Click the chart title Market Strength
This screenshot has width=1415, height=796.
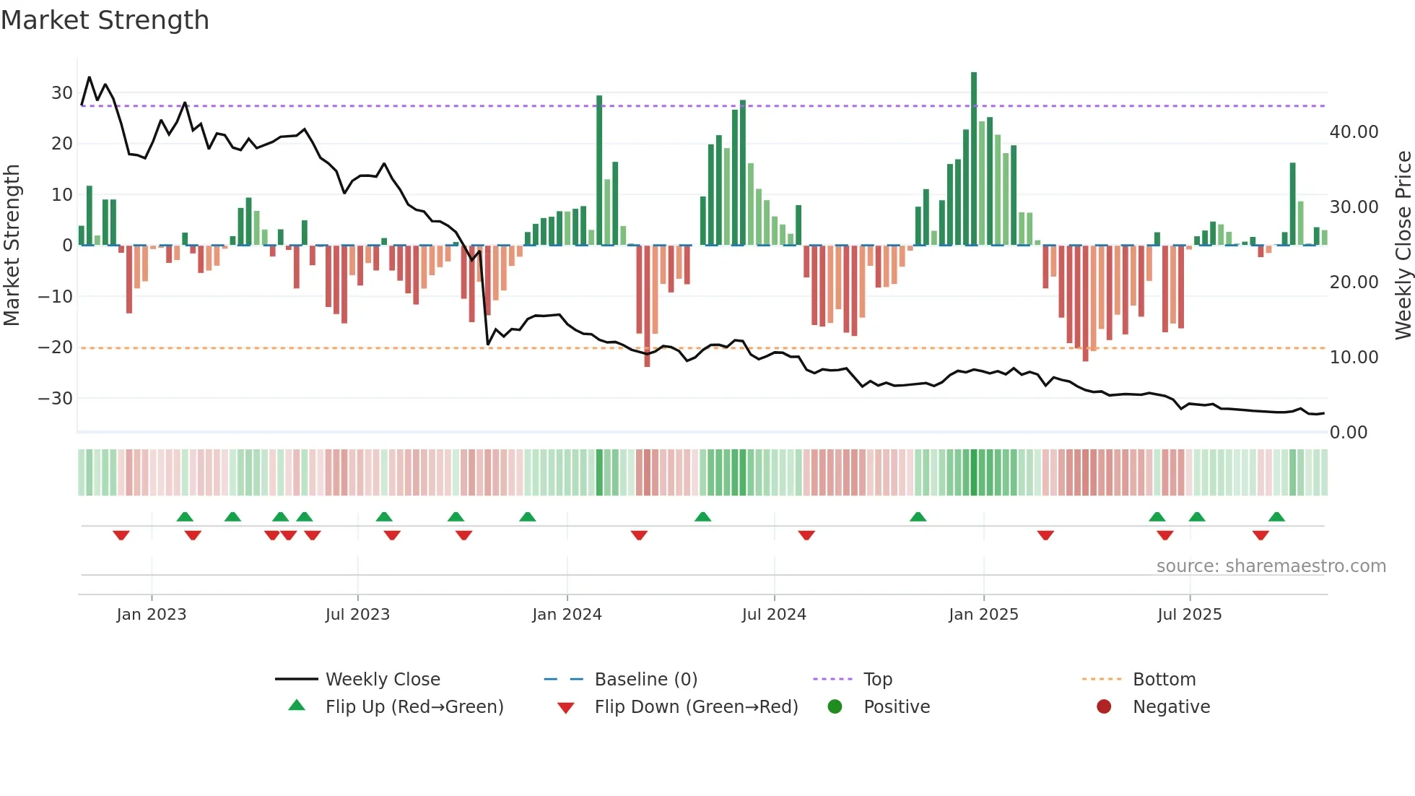point(105,20)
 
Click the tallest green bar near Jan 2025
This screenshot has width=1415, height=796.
point(974,159)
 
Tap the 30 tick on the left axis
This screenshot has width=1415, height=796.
point(62,93)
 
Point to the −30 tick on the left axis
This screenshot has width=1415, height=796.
point(56,399)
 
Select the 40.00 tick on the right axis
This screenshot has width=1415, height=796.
point(1354,132)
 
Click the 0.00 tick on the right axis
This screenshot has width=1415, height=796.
point(1349,433)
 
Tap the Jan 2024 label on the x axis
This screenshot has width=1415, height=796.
point(567,615)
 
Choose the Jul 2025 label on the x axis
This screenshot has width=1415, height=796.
point(1189,615)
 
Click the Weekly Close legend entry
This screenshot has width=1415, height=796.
point(382,680)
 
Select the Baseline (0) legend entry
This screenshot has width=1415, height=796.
point(645,680)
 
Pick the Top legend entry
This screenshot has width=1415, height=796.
point(877,680)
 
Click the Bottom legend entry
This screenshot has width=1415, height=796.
point(1164,680)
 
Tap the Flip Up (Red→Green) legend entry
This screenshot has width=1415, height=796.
point(414,707)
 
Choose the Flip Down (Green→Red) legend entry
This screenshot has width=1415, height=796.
point(696,707)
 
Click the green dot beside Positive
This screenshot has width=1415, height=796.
point(835,707)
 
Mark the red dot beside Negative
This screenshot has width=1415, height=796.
point(1104,707)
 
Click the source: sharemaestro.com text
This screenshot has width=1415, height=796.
point(1271,566)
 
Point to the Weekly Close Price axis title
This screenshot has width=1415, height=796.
point(1403,246)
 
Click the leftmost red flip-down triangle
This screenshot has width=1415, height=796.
point(121,535)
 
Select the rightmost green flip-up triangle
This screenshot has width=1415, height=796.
point(1276,516)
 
